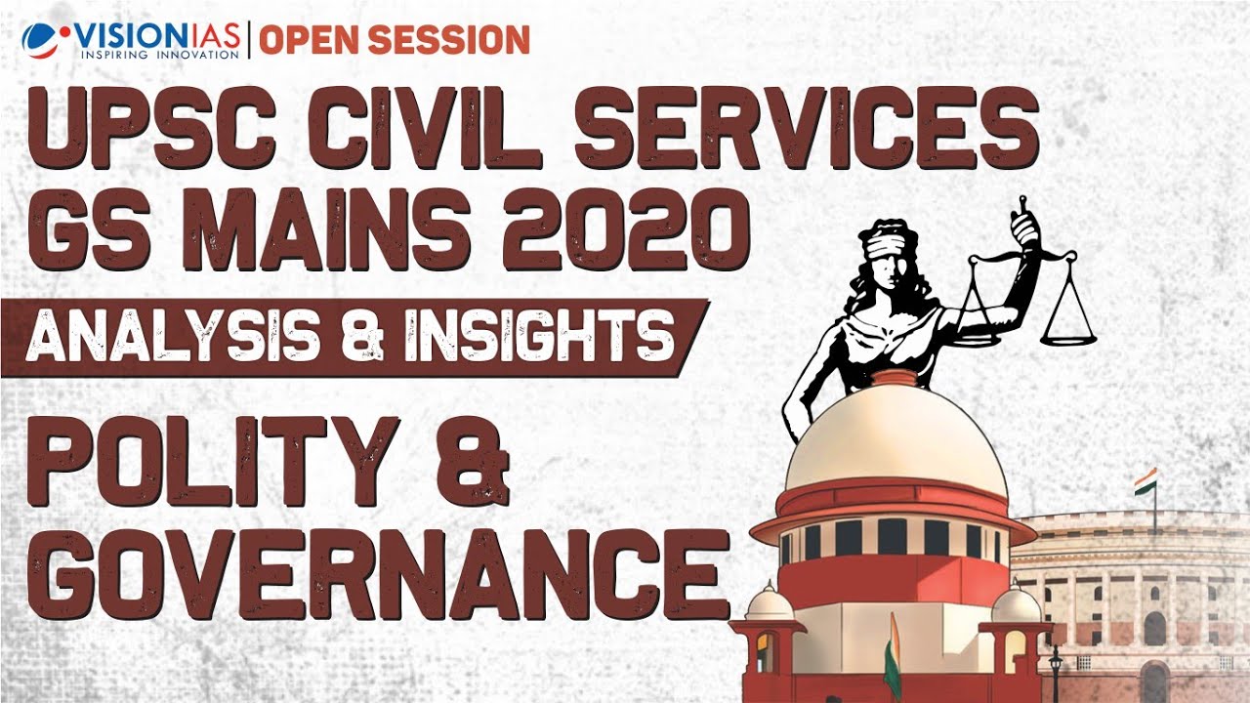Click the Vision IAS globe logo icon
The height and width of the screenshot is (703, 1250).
(40, 39)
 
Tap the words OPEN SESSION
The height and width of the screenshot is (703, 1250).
(395, 39)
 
